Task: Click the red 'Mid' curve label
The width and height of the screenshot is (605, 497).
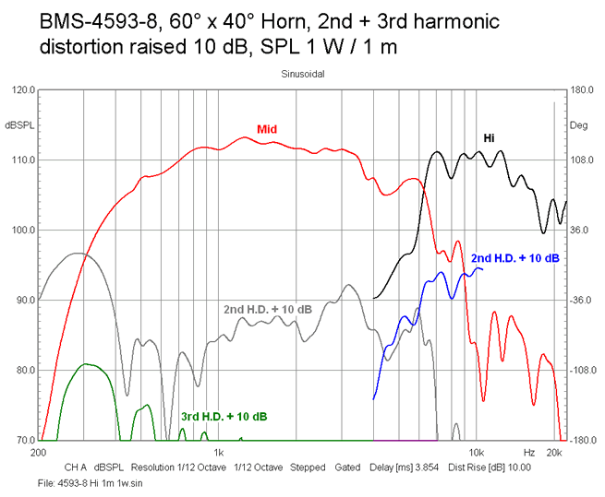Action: (267, 129)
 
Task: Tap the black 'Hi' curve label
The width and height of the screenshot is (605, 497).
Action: (489, 138)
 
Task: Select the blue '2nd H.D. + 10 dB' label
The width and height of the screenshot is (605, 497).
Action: (514, 258)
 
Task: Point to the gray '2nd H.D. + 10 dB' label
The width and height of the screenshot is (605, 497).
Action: (268, 308)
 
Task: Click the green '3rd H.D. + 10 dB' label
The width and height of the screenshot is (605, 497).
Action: (224, 417)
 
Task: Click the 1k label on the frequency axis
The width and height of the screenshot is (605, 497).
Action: (218, 454)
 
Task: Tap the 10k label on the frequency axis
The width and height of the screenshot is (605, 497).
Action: (476, 454)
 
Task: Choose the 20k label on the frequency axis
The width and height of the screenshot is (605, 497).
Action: (554, 454)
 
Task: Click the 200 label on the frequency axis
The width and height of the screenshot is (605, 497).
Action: (38, 454)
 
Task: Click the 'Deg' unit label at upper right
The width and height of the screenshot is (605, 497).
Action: (579, 124)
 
